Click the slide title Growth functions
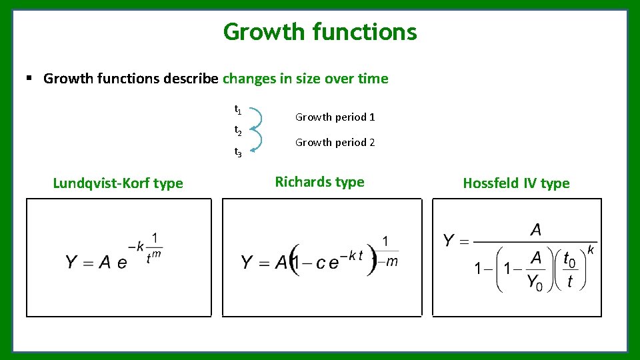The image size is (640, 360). pos(320,31)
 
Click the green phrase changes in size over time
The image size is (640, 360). pos(305,79)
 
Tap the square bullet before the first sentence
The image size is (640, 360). pos(29,79)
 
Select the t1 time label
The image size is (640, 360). pos(238,109)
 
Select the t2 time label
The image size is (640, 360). pos(238,131)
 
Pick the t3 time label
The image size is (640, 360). pos(238,152)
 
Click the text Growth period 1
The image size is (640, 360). pos(335,117)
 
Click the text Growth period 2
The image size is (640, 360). pos(335,143)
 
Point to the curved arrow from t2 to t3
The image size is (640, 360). pos(261,141)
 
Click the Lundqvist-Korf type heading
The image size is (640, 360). pos(118,183)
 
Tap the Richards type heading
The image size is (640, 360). pos(319,182)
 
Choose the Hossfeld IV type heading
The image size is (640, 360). pos(516,183)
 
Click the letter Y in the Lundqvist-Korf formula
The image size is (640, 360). pos(72,262)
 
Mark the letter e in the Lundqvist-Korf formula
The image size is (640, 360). pos(122,263)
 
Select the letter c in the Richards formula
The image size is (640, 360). pos(321,263)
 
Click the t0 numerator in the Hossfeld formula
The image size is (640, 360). pos(569,258)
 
